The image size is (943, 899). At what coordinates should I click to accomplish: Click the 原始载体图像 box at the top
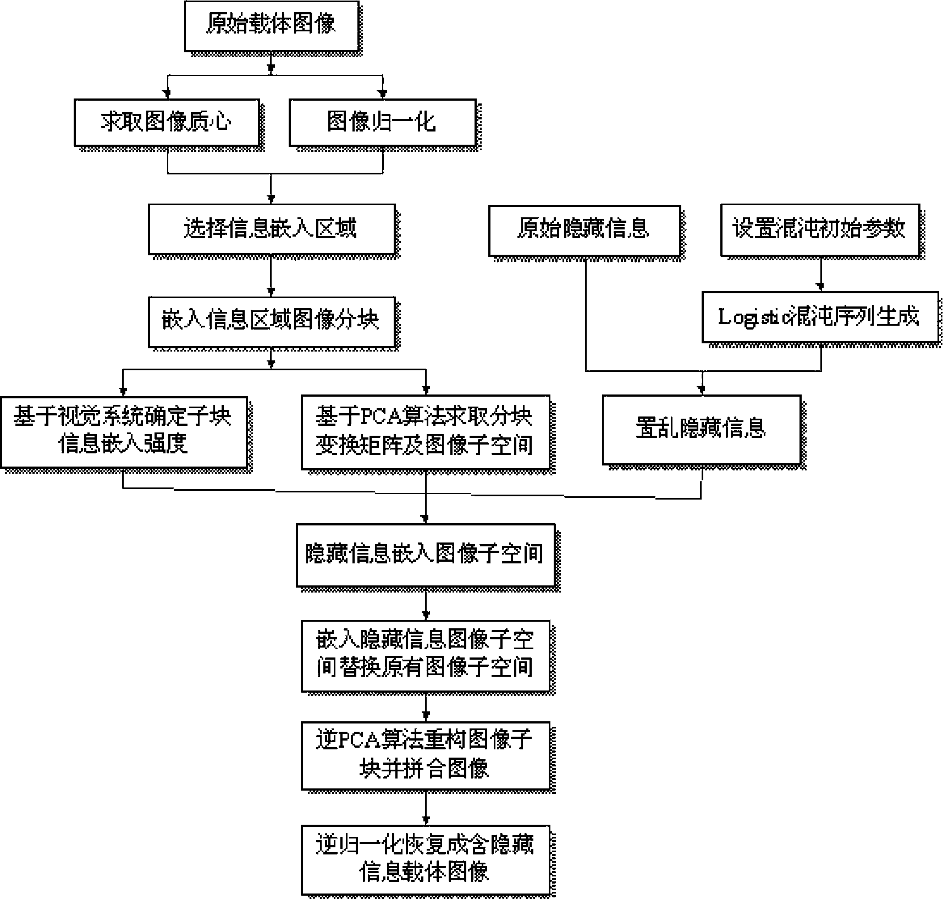272,26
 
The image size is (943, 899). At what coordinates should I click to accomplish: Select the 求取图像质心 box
167,122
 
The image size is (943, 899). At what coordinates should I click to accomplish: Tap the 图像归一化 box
382,122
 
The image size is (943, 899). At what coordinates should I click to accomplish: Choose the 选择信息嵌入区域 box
272,229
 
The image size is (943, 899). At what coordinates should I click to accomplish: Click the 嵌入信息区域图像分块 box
272,322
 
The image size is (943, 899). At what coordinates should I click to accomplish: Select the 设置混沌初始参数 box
820,231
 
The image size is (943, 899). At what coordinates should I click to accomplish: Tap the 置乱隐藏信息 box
702,430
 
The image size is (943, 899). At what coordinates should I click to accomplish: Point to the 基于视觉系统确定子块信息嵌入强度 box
124,432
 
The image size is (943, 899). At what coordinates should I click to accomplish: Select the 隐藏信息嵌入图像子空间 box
426,555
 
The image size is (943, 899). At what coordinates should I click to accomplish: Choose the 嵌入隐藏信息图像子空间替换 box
426,656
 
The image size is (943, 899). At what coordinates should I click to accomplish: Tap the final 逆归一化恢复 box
426,859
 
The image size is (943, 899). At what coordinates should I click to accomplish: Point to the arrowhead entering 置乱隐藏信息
702,391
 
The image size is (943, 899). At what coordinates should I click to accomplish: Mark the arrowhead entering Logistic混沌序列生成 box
820,287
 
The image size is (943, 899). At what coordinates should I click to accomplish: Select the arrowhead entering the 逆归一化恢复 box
426,820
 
